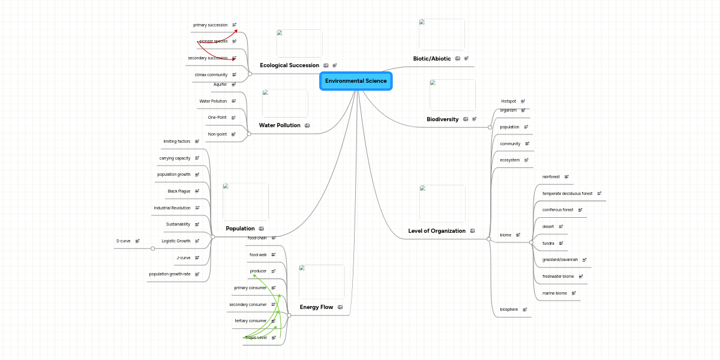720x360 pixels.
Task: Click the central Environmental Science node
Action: [x=356, y=81]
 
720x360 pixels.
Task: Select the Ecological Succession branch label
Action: [x=289, y=65]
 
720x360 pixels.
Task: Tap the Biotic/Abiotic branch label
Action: [x=431, y=59]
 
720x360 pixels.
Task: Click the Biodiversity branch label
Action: [x=442, y=119]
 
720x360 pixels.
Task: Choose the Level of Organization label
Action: [x=436, y=231]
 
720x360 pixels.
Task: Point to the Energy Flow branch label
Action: [x=316, y=307]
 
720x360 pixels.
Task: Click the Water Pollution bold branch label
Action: [x=280, y=125]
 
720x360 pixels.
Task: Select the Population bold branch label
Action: [x=240, y=229]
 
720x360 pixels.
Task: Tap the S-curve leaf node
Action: [x=123, y=241]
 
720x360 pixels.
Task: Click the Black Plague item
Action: [x=179, y=191]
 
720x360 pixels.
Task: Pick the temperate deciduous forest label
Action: [x=567, y=194]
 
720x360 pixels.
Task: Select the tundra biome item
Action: [x=548, y=243]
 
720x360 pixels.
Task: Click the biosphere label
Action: [x=509, y=310]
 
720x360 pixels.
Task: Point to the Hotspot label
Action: [x=508, y=101]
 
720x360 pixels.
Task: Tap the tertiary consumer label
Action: [x=250, y=321]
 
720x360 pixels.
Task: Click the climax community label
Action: [x=211, y=75]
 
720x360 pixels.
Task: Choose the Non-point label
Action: [x=217, y=134]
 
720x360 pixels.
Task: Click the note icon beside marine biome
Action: [x=574, y=293]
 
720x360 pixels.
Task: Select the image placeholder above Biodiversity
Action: [x=452, y=95]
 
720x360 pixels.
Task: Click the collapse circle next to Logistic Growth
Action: [x=152, y=248]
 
